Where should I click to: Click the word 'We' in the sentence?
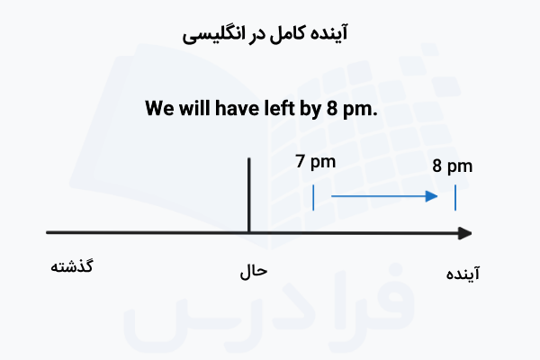point(159,110)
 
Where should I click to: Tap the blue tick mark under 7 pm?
point(313,197)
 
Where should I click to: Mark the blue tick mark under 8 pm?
point(455,197)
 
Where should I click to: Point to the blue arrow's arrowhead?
point(434,196)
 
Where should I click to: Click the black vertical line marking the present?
point(248,193)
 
